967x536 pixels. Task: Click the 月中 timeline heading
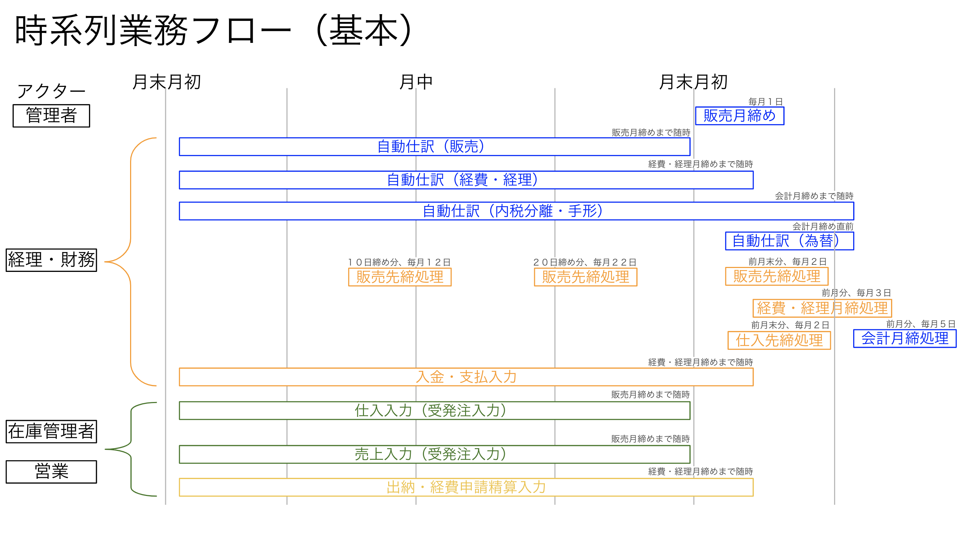416,82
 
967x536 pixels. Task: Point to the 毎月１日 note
765,102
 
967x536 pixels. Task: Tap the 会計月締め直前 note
823,226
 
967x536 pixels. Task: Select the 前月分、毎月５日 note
921,324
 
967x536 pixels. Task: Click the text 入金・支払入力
466,377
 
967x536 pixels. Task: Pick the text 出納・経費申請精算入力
466,487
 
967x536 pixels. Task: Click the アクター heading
51,91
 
